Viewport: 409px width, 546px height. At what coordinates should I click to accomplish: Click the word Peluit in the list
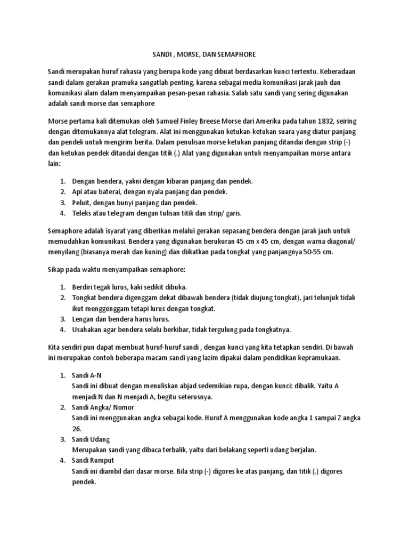point(81,203)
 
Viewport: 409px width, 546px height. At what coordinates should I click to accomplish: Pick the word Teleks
point(83,213)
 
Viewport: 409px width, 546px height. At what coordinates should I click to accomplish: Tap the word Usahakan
point(88,329)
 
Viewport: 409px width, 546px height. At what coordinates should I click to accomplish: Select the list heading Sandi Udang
point(91,439)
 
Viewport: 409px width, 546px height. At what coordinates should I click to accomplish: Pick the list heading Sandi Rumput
point(93,460)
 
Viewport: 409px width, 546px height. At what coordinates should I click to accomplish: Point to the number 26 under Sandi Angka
point(76,428)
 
